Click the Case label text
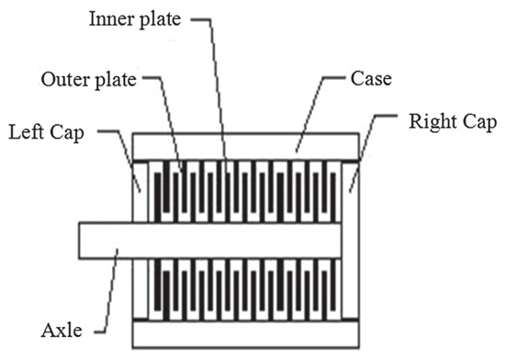[373, 78]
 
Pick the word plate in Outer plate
[117, 79]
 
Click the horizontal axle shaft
[211, 240]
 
